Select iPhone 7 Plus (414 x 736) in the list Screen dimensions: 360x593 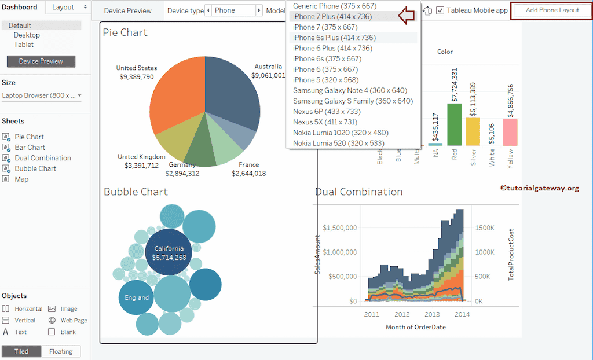click(332, 17)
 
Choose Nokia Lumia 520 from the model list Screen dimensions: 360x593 click(338, 143)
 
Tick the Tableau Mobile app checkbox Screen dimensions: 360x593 click(441, 10)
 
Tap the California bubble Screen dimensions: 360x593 click(169, 253)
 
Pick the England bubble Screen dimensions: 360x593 click(136, 297)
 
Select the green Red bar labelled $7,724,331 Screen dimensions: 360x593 click(455, 124)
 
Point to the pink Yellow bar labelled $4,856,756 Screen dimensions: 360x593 click(510, 132)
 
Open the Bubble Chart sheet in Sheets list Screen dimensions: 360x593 click(35, 168)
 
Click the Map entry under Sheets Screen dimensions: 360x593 click(21, 179)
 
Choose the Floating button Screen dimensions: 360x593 click(61, 351)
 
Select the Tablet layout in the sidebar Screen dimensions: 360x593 click(24, 45)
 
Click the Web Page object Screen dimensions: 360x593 click(74, 321)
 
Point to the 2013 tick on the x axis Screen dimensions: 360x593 click(432, 314)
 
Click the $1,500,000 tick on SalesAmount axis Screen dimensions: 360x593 click(339, 227)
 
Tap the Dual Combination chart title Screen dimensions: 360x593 click(359, 192)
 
